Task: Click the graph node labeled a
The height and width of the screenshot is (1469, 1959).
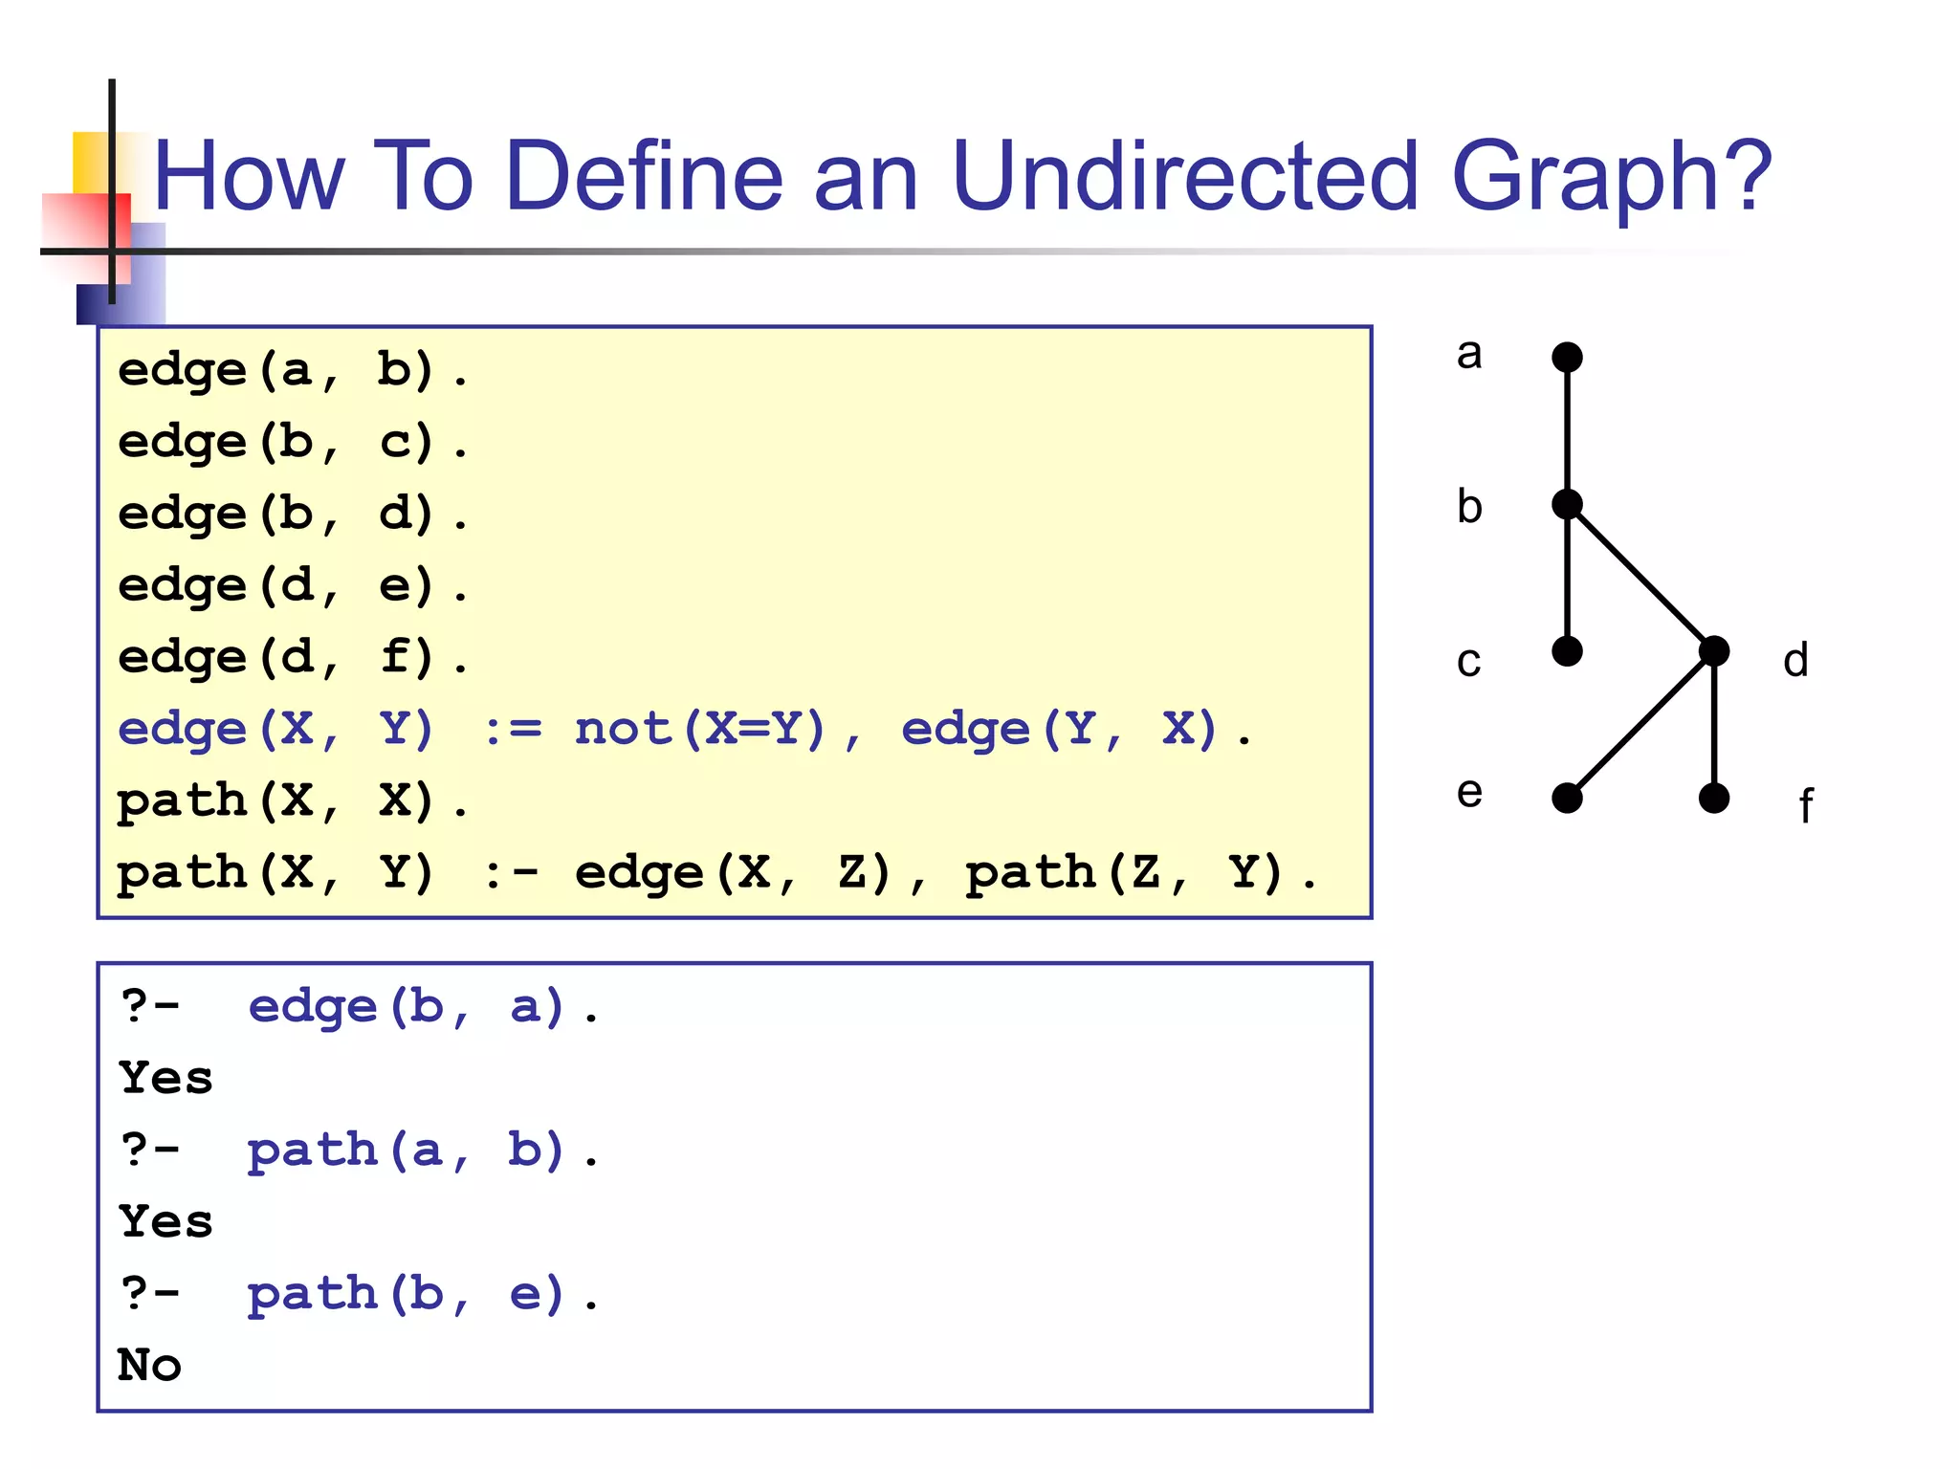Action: [x=1567, y=358]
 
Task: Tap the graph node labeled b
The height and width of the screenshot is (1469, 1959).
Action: [x=1567, y=504]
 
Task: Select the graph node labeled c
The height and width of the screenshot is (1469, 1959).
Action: [x=1567, y=651]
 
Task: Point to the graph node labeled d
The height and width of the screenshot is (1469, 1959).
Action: [x=1714, y=651]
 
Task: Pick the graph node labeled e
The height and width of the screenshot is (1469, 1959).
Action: [x=1567, y=798]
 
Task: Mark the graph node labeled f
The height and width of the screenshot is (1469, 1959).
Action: [x=1714, y=798]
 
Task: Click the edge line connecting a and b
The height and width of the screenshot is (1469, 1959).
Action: [x=1567, y=430]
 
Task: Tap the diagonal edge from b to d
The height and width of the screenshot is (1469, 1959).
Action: [x=1640, y=578]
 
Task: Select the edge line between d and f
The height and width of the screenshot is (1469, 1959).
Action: [x=1714, y=725]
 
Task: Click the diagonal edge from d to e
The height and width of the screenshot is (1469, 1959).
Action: [x=1640, y=725]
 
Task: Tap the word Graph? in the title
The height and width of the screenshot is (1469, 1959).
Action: [x=1612, y=176]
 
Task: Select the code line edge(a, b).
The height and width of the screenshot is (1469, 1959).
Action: [x=293, y=371]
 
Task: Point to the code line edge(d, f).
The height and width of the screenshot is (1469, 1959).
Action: [x=293, y=658]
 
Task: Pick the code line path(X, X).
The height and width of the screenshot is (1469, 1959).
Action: [x=293, y=801]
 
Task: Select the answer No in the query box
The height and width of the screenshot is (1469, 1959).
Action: [x=149, y=1366]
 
